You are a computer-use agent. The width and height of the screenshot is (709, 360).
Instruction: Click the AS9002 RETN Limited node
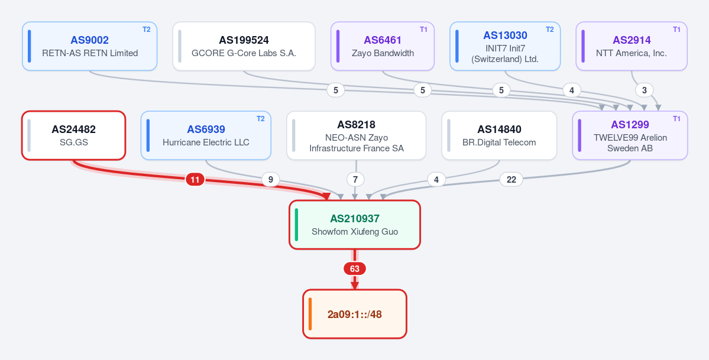click(x=89, y=46)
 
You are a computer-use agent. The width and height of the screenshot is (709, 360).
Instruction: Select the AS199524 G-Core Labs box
click(x=244, y=46)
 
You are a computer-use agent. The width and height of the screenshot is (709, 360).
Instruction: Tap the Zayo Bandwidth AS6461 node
click(x=383, y=46)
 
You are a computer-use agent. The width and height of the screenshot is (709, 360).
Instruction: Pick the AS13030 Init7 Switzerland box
click(x=505, y=46)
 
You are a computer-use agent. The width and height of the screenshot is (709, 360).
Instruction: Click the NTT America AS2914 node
click(x=632, y=46)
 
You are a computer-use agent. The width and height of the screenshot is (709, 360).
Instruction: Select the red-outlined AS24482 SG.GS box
click(x=74, y=135)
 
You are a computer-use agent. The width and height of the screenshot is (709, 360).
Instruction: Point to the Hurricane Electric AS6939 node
click(x=206, y=135)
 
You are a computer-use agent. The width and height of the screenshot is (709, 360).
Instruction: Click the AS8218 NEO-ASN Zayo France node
click(x=357, y=135)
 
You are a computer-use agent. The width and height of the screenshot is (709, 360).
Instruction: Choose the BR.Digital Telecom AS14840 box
click(x=499, y=135)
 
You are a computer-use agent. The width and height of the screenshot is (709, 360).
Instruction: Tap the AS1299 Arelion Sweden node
click(x=630, y=135)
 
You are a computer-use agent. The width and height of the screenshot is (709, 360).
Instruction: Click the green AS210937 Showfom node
click(x=355, y=225)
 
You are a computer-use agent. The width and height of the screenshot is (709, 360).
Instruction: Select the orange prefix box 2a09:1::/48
click(x=355, y=314)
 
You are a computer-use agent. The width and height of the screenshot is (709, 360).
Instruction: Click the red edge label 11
click(x=195, y=180)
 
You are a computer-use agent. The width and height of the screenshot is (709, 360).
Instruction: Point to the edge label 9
click(x=270, y=180)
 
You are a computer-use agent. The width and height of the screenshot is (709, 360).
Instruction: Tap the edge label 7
click(x=355, y=180)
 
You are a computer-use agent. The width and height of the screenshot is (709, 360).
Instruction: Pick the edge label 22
click(x=511, y=180)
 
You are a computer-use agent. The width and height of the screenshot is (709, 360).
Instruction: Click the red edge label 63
click(x=355, y=269)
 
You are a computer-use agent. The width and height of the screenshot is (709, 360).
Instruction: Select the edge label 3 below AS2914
click(x=645, y=90)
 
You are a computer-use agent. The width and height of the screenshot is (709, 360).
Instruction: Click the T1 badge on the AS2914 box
click(x=676, y=30)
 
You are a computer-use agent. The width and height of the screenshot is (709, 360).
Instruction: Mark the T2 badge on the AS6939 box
click(x=260, y=118)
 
